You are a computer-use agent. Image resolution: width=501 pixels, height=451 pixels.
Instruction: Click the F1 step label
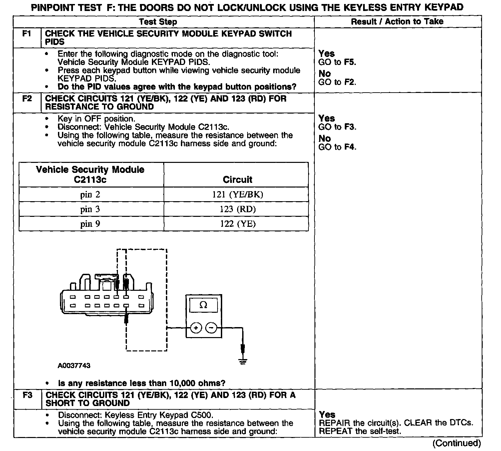[27, 34]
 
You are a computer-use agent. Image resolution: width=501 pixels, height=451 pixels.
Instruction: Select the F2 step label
[27, 99]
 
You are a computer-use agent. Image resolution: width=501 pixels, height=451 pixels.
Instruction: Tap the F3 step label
[28, 395]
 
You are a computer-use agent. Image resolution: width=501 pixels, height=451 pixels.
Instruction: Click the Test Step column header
[158, 22]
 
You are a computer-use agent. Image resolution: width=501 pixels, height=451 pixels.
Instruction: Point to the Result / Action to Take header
[397, 22]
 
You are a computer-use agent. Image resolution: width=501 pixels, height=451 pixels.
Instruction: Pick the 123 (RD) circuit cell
[238, 209]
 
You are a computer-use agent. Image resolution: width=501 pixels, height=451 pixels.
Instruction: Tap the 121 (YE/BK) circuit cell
[238, 195]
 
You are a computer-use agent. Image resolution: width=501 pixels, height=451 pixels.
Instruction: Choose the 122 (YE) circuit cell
[238, 224]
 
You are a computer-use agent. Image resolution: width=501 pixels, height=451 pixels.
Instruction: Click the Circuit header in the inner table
[238, 180]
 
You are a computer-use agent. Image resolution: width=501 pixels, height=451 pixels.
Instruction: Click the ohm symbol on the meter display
[203, 305]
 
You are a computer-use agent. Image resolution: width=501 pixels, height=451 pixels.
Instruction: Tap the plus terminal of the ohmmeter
[196, 328]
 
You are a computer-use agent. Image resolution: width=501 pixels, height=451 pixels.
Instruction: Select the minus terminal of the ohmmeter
[211, 328]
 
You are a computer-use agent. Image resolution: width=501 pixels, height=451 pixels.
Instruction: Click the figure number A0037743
[74, 366]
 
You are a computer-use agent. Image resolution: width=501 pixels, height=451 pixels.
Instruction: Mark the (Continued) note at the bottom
[457, 443]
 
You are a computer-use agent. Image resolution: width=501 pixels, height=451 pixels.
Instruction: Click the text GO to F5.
[337, 62]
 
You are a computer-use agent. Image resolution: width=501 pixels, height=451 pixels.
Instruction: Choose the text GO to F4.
[337, 147]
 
